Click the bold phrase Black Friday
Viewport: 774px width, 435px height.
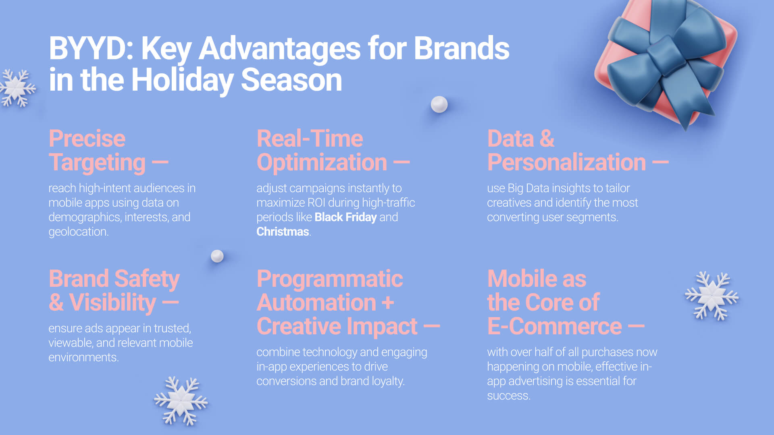(345, 217)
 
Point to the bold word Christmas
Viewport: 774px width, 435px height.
(283, 232)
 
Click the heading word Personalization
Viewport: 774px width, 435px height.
(566, 163)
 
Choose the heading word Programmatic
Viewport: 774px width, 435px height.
(330, 279)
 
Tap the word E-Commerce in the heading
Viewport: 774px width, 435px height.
(554, 326)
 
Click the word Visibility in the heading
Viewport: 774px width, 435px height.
(112, 303)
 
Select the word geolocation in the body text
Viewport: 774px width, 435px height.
(79, 232)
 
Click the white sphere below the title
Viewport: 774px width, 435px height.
(439, 104)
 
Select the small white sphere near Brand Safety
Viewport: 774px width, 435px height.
(217, 256)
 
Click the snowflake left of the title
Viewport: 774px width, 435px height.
(17, 88)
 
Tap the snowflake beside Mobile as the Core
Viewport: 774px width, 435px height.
(712, 296)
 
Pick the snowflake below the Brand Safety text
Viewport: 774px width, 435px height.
(181, 401)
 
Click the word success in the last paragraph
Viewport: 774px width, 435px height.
(508, 396)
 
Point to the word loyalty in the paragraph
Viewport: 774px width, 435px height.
(388, 381)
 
